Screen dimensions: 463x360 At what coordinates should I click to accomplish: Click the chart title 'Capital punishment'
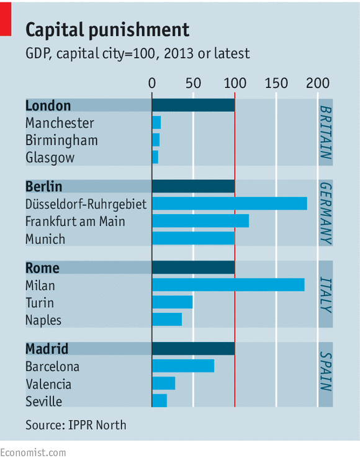pos(107,30)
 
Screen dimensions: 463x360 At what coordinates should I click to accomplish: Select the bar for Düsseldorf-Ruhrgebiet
pos(229,204)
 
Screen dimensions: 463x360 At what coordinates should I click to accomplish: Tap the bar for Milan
pos(228,285)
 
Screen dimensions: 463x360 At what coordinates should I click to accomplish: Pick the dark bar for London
pos(193,106)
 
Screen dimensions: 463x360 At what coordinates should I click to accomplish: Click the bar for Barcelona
pos(183,366)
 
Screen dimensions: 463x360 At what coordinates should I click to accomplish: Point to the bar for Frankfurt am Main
pos(200,221)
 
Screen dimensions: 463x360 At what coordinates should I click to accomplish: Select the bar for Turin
pos(173,302)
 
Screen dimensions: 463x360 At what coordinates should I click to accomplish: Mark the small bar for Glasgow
pos(155,158)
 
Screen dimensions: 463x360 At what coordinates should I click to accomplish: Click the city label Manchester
pos(60,123)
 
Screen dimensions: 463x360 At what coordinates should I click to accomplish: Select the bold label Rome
pos(42,268)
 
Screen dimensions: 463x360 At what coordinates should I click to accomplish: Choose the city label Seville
pos(43,402)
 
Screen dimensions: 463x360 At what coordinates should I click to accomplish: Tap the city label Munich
pos(45,239)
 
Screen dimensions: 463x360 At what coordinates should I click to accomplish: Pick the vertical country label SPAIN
pos(325,372)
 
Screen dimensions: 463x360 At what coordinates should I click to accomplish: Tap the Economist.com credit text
pos(33,453)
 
